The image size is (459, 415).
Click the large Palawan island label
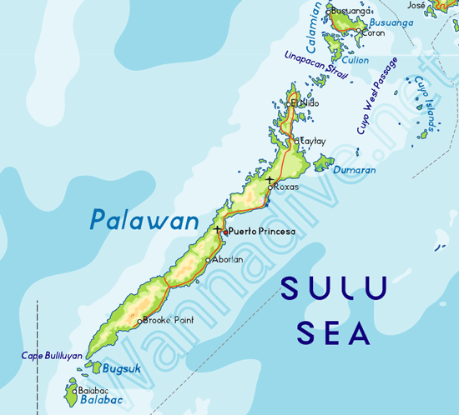[145, 221]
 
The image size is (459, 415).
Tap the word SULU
[334, 289]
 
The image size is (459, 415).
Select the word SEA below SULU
[334, 333]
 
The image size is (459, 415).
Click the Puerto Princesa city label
[262, 231]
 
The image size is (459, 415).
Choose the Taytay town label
[310, 142]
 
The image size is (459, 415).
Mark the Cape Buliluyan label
[52, 356]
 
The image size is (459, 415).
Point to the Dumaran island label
[355, 170]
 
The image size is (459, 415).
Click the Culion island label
[356, 60]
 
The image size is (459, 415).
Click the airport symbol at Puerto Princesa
[218, 229]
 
